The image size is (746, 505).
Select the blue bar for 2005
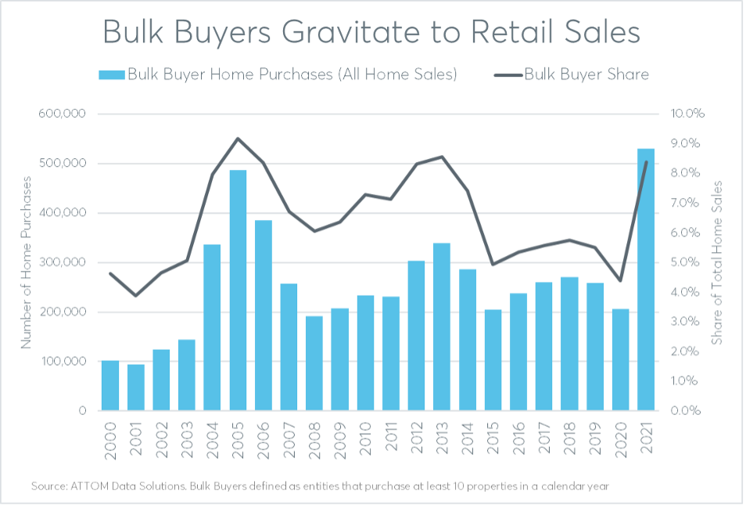tap(239, 290)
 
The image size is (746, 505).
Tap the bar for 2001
tap(136, 387)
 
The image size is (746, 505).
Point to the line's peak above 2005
tap(239, 139)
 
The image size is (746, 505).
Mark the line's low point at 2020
tap(620, 280)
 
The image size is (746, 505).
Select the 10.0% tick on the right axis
tap(688, 114)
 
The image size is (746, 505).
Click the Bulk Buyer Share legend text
tap(586, 74)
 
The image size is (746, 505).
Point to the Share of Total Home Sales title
tap(717, 262)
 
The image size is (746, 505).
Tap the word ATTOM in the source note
tap(92, 486)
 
